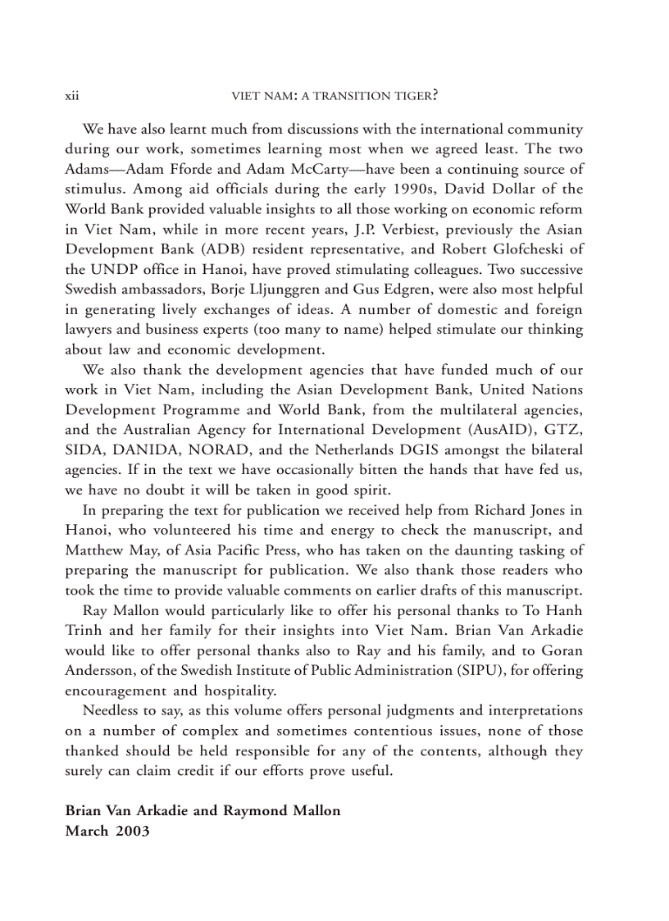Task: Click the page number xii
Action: (71, 96)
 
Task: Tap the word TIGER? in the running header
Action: (415, 96)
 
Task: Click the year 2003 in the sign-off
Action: (134, 830)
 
